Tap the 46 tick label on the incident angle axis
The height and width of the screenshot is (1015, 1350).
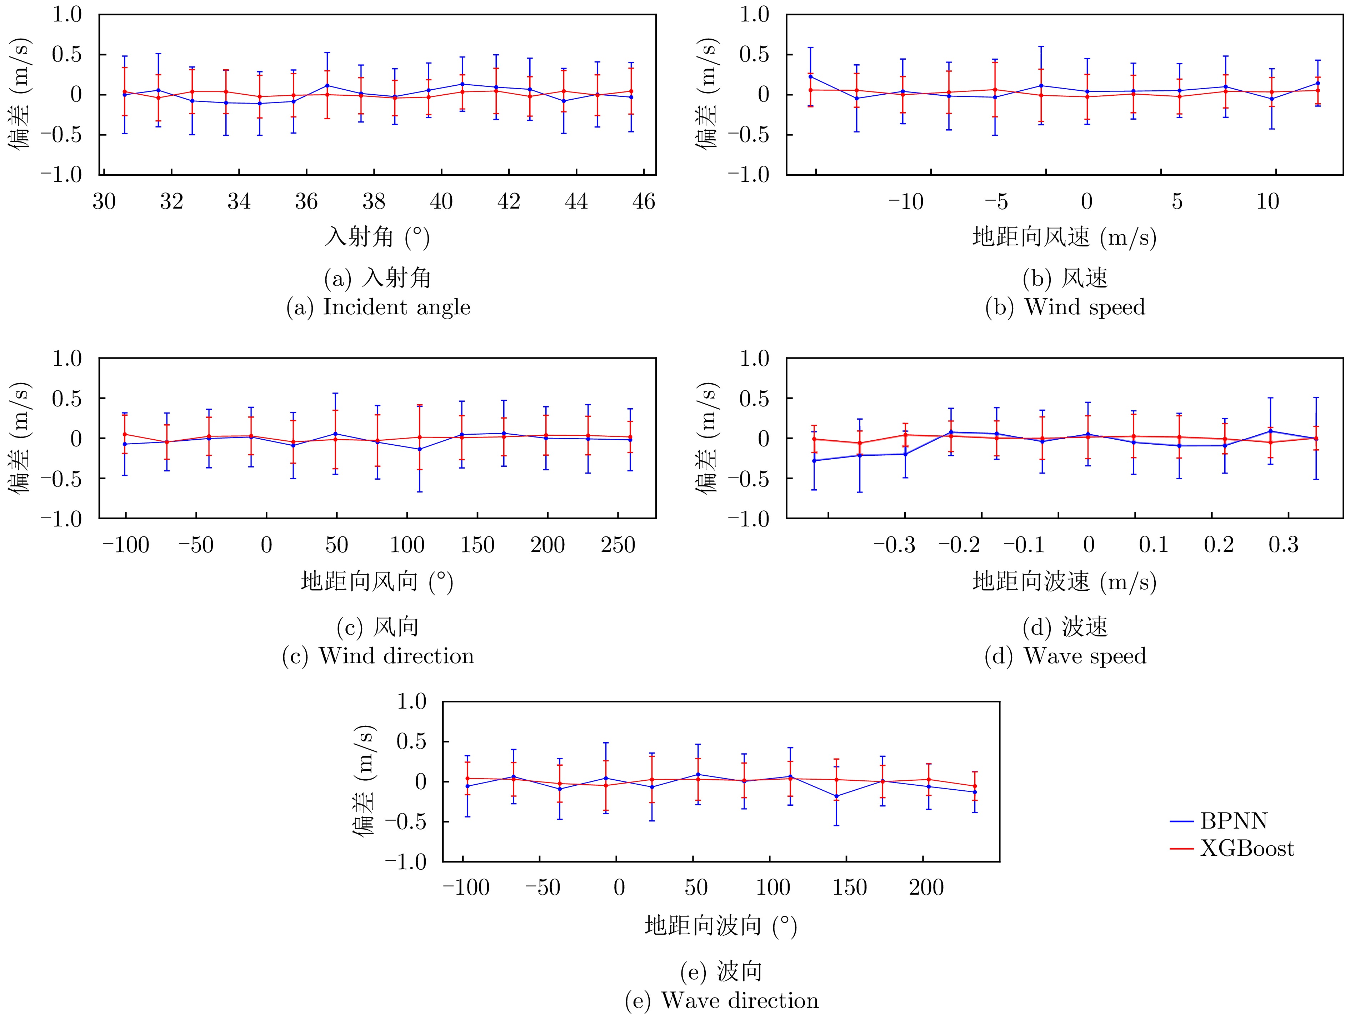click(x=643, y=201)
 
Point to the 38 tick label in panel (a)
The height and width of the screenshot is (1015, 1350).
click(x=374, y=201)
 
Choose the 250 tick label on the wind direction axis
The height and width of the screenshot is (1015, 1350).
click(x=617, y=545)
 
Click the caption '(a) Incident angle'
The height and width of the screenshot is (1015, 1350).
click(x=378, y=307)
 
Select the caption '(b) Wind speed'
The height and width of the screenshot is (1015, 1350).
click(x=1065, y=307)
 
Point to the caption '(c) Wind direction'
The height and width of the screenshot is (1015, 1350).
click(x=378, y=656)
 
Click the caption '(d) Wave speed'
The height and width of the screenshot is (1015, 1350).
click(x=1065, y=656)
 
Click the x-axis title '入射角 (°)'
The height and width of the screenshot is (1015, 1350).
click(x=376, y=237)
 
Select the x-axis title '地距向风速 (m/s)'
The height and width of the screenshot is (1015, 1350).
click(x=1064, y=237)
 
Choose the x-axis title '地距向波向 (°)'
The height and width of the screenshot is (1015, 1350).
click(x=721, y=926)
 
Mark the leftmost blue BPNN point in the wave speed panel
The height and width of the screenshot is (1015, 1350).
click(x=814, y=461)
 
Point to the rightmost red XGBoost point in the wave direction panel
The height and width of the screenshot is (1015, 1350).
click(x=975, y=786)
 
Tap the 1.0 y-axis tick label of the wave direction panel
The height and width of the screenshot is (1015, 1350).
click(x=411, y=702)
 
